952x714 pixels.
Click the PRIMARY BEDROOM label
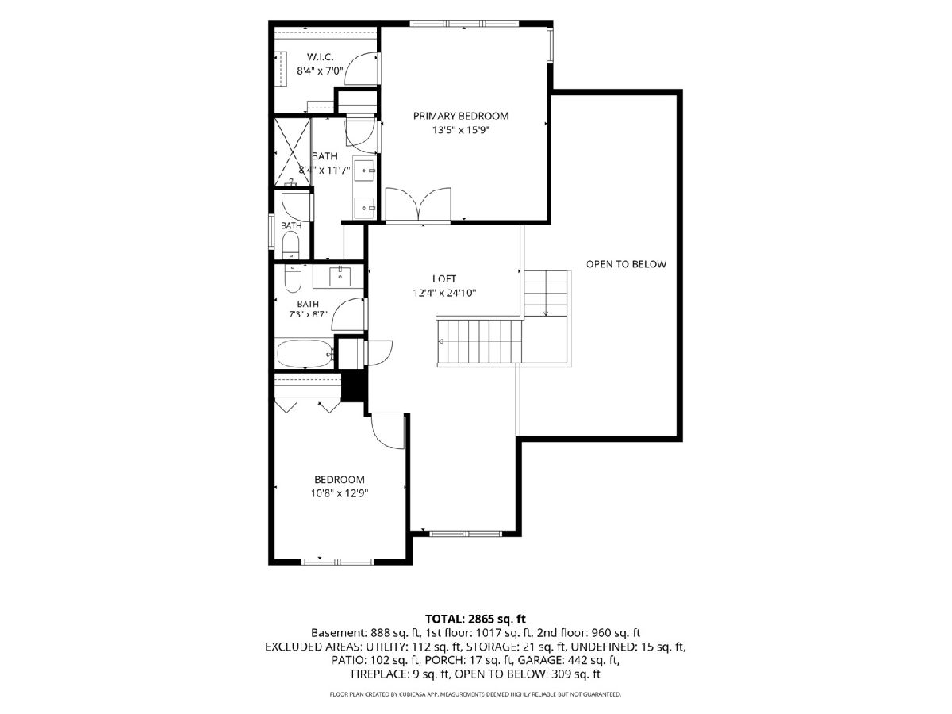click(x=460, y=116)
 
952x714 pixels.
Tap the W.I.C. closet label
click(x=320, y=57)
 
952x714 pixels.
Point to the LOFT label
click(x=444, y=278)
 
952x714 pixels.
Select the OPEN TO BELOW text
click(x=626, y=264)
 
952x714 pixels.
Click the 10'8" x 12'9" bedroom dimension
click(x=340, y=493)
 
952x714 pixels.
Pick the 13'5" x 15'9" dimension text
click(x=460, y=130)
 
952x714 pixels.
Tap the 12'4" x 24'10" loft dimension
click(x=444, y=293)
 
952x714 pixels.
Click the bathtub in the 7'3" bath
click(x=305, y=353)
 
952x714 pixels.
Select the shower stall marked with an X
click(x=293, y=152)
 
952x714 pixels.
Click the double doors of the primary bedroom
click(x=419, y=205)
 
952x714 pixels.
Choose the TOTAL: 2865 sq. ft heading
click(x=475, y=618)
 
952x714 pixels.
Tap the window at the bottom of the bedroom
click(x=338, y=562)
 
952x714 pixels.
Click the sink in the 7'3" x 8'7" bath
click(x=340, y=277)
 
